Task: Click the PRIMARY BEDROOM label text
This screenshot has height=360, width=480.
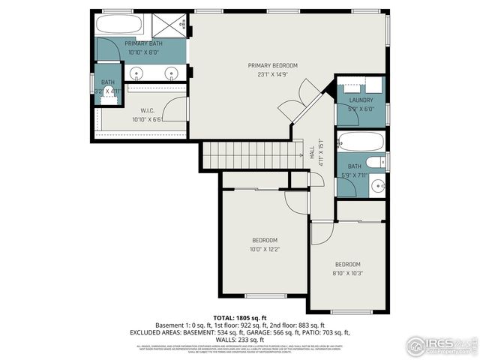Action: pos(272,66)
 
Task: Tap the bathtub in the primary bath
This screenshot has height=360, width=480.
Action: pos(120,25)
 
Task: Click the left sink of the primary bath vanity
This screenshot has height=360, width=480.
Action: pos(137,73)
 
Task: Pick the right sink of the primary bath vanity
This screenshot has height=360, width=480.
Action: pos(172,73)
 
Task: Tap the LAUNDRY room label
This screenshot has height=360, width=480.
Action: pos(361,100)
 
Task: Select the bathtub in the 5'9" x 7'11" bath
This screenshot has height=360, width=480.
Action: pos(361,140)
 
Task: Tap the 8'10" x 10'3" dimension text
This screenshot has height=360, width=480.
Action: pos(347,274)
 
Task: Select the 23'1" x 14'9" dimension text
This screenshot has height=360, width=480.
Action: pos(272,75)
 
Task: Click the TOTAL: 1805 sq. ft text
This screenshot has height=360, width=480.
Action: pos(240,319)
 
